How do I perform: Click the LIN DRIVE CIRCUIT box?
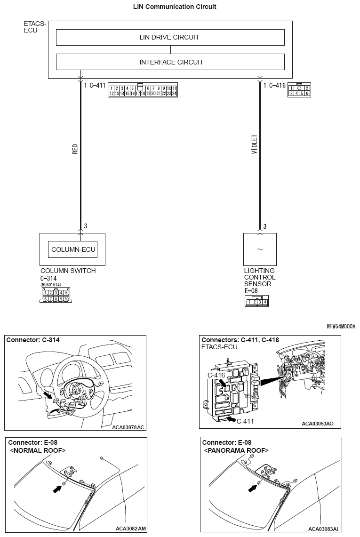(170, 37)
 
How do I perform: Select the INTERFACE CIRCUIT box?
(170, 62)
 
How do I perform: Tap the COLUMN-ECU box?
(73, 249)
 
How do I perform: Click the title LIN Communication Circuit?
(175, 7)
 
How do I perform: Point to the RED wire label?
(75, 149)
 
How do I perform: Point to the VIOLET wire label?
(255, 145)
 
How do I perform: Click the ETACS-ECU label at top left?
(35, 27)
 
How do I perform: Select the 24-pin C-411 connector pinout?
(143, 91)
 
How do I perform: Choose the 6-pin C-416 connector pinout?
(299, 91)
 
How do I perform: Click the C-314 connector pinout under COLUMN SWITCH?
(56, 296)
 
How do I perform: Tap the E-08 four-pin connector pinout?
(256, 302)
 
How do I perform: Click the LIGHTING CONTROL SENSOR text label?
(259, 278)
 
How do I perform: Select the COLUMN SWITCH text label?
(68, 271)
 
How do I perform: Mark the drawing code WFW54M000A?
(341, 326)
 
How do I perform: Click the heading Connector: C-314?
(33, 340)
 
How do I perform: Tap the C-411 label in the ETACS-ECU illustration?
(245, 421)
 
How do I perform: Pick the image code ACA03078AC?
(128, 427)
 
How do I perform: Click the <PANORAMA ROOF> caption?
(236, 450)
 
